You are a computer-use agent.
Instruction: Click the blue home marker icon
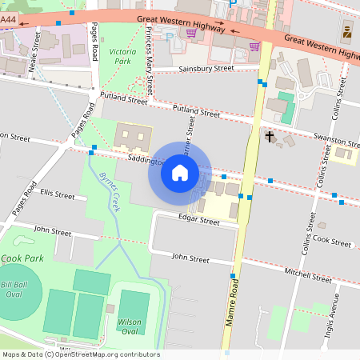[x=180, y=172]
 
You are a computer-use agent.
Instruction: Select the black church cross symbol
[x=270, y=137]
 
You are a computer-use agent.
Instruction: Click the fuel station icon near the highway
[x=347, y=31]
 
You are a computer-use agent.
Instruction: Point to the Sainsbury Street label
[x=206, y=69]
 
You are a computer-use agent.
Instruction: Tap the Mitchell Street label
[x=312, y=277]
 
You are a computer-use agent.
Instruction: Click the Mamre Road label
[x=235, y=312]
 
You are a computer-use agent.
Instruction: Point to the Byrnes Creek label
[x=108, y=190]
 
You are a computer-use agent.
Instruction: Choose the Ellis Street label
[x=58, y=194]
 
